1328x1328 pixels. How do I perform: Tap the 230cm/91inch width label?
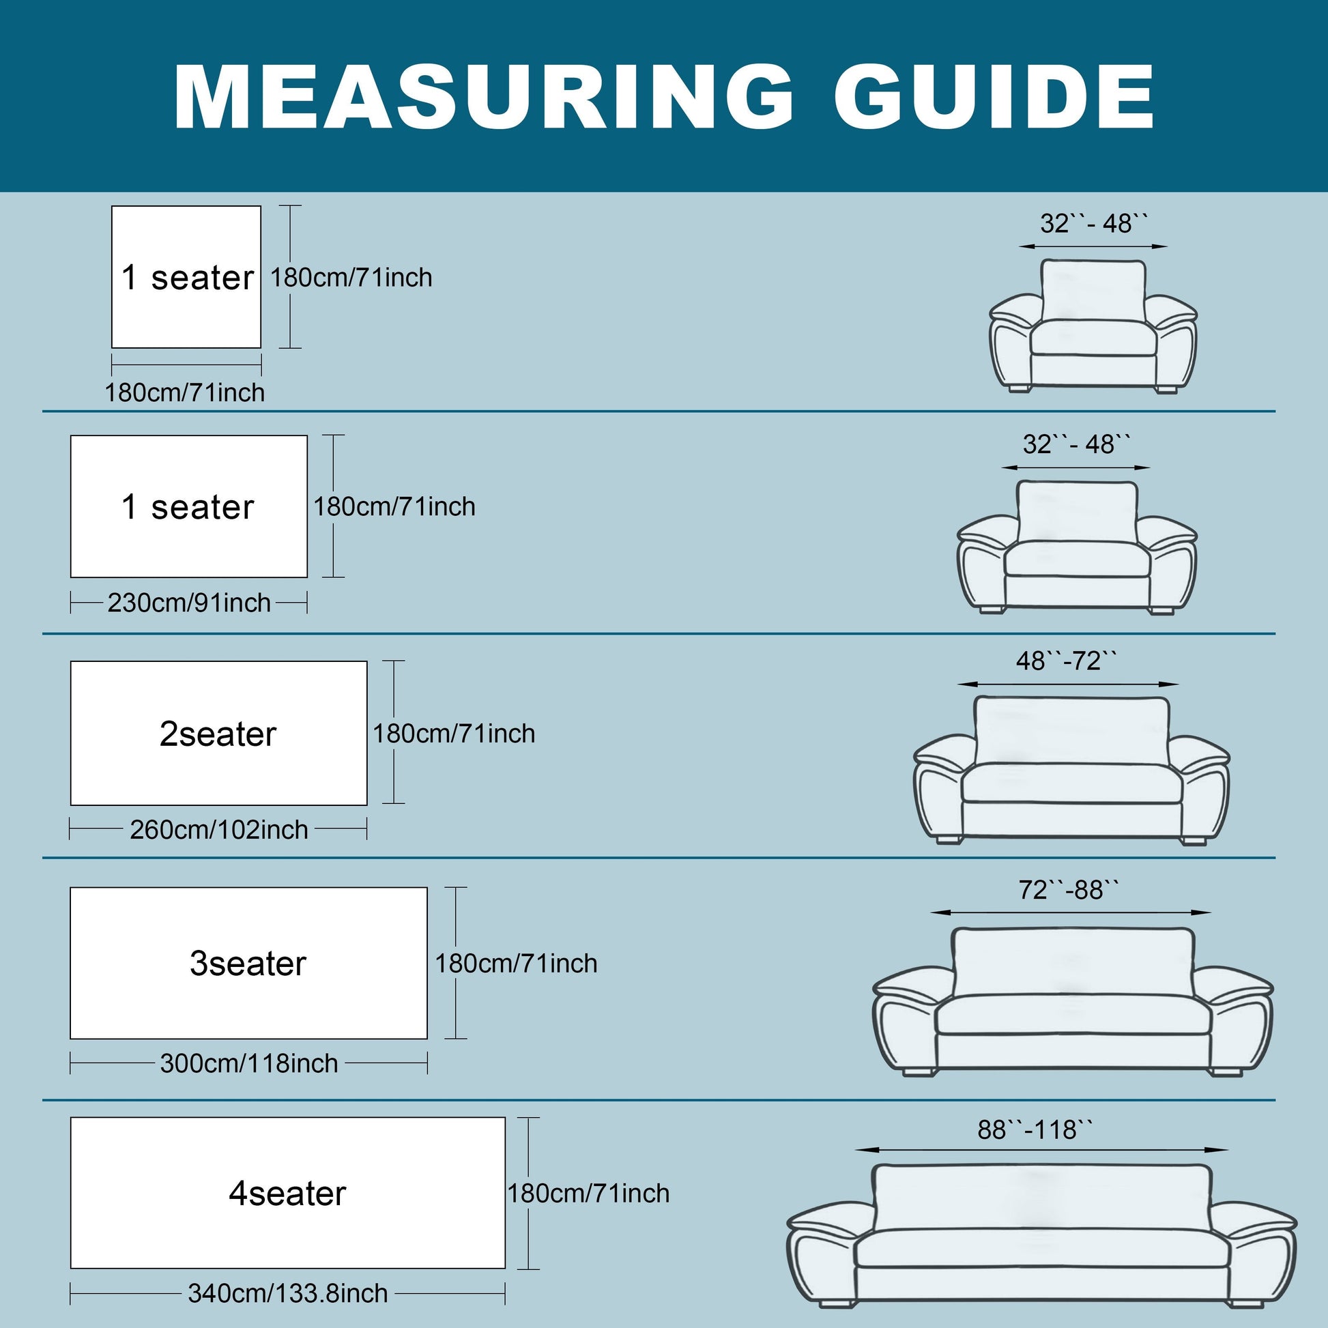(x=189, y=603)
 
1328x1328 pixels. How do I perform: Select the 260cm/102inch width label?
(x=218, y=830)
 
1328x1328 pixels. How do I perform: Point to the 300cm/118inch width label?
(x=249, y=1063)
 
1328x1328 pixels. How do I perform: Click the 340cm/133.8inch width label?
(x=288, y=1293)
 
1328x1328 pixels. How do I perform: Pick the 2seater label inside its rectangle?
(x=218, y=734)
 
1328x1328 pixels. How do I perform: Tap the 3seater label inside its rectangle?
(x=248, y=963)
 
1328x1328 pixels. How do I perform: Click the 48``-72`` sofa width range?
(x=1067, y=661)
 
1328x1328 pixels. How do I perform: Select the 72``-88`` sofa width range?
(x=1069, y=889)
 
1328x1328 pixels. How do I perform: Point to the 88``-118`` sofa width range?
(x=1035, y=1129)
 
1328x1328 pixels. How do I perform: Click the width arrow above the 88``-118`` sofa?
(x=1041, y=1149)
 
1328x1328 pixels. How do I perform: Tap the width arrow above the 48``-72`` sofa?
(x=1067, y=684)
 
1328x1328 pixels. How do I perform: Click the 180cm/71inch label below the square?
(x=184, y=392)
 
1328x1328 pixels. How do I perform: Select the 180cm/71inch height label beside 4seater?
(x=588, y=1193)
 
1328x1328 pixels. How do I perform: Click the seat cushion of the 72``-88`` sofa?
(x=1073, y=1015)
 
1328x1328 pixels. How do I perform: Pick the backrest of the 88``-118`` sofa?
(x=1041, y=1198)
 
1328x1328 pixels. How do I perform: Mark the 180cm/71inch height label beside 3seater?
(x=516, y=963)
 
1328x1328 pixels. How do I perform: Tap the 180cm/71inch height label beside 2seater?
(x=454, y=734)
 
